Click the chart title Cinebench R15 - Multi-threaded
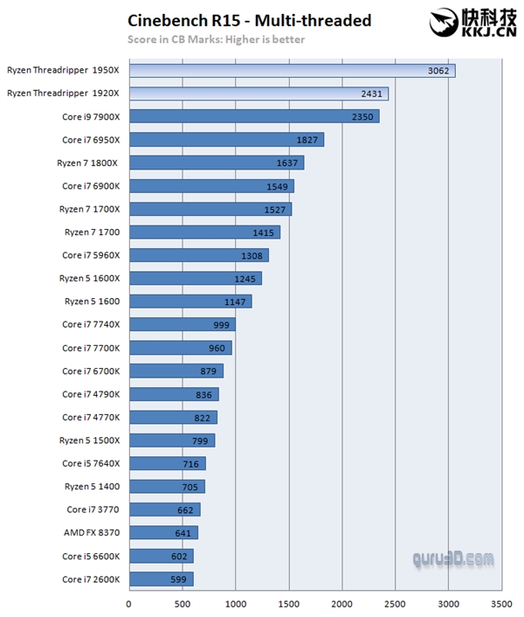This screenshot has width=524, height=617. tap(249, 20)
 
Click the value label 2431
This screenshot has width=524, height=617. tap(366, 94)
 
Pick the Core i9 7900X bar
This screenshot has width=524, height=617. tap(253, 116)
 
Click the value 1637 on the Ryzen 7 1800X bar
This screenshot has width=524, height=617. tap(280, 163)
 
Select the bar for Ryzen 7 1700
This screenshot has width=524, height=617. tap(203, 232)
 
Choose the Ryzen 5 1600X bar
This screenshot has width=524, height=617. tap(195, 278)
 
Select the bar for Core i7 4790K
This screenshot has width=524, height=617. tap(173, 393)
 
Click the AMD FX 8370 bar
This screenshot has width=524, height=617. tap(162, 532)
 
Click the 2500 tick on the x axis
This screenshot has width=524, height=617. tap(395, 602)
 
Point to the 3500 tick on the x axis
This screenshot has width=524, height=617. tap(501, 602)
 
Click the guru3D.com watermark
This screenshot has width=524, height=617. tap(454, 558)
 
